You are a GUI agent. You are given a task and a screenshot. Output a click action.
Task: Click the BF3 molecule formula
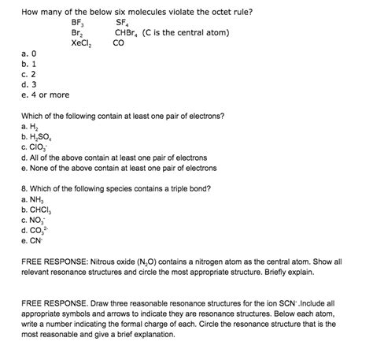(x=79, y=23)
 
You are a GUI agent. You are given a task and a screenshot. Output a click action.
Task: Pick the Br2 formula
(x=77, y=34)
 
